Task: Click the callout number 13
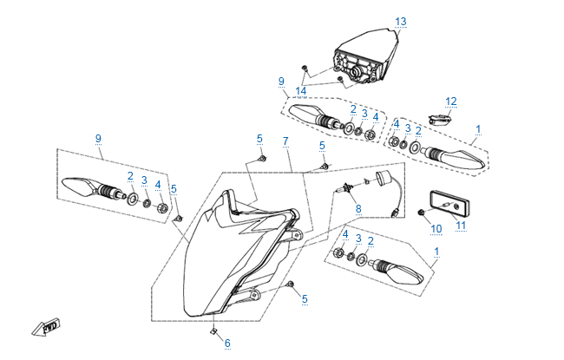pos(400,21)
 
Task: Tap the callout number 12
pos(451,101)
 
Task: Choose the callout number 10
pos(436,229)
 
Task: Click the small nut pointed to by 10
pos(421,212)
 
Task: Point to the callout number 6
pos(227,344)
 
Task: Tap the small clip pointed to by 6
pos(213,331)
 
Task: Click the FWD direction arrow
pos(43,327)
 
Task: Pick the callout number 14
pos(300,91)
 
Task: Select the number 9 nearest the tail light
pos(281,82)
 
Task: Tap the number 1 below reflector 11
pos(436,252)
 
